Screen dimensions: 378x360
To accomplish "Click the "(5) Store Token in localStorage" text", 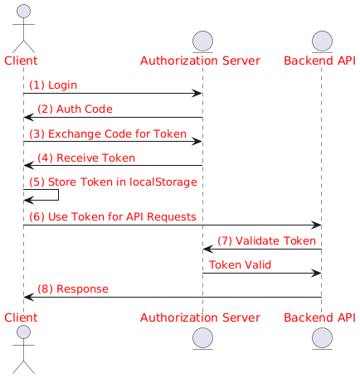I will pos(111,182).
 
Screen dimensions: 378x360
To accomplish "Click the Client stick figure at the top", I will pos(23,27).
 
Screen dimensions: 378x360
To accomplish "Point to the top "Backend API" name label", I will pos(321,61).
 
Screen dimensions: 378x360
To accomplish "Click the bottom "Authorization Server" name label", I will pos(202,317).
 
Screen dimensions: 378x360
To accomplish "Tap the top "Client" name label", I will pos(23,61).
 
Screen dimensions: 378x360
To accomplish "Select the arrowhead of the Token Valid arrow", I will pos(316,273).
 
